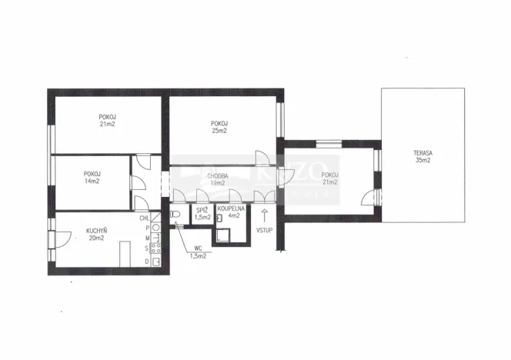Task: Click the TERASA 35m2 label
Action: (422, 158)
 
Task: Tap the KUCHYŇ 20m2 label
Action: (96, 233)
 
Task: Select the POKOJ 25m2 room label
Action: (219, 126)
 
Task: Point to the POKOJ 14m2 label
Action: (93, 178)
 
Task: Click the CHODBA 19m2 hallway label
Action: (216, 179)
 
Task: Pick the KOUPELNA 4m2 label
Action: (231, 212)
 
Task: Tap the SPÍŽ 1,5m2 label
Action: (202, 213)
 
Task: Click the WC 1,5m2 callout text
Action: (198, 252)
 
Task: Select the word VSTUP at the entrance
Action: (264, 228)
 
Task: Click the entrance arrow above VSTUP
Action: (264, 214)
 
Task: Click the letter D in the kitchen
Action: (146, 262)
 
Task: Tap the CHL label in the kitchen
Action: (145, 218)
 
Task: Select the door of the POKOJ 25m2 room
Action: (263, 158)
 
